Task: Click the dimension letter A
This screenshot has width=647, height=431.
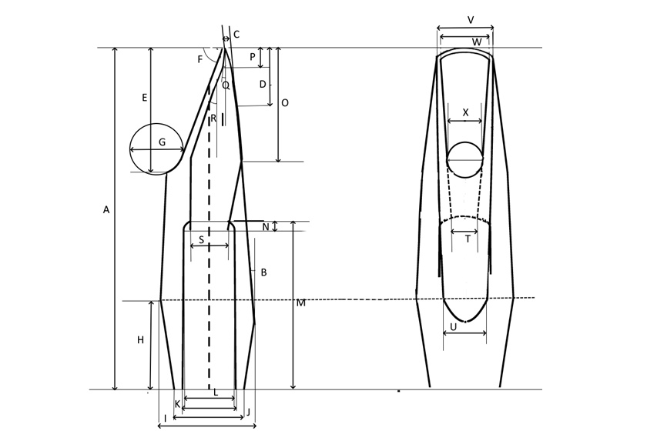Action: pyautogui.click(x=106, y=209)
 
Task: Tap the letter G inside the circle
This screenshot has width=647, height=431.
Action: pyautogui.click(x=162, y=142)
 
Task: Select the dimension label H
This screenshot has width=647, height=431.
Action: pyautogui.click(x=140, y=340)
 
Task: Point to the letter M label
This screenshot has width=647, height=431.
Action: pyautogui.click(x=301, y=303)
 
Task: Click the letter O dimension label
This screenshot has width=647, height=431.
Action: pyautogui.click(x=285, y=102)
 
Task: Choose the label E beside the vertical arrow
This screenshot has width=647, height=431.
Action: pyautogui.click(x=144, y=98)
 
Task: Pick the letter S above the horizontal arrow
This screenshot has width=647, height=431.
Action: pyautogui.click(x=201, y=240)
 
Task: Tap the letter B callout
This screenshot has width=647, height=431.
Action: pyautogui.click(x=263, y=272)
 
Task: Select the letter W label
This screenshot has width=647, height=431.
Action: pyautogui.click(x=477, y=41)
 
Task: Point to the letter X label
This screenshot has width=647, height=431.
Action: pyautogui.click(x=465, y=112)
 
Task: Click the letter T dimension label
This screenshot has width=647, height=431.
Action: pyautogui.click(x=468, y=239)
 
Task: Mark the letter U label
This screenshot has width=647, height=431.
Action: pyautogui.click(x=453, y=326)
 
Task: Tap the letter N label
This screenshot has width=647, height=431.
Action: pyautogui.click(x=266, y=227)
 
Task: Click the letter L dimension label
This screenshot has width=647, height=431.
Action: pyautogui.click(x=216, y=393)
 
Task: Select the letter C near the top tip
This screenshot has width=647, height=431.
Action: pyautogui.click(x=236, y=35)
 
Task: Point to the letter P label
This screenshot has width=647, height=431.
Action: pyautogui.click(x=253, y=57)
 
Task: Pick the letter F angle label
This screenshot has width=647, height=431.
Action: pyautogui.click(x=200, y=59)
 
